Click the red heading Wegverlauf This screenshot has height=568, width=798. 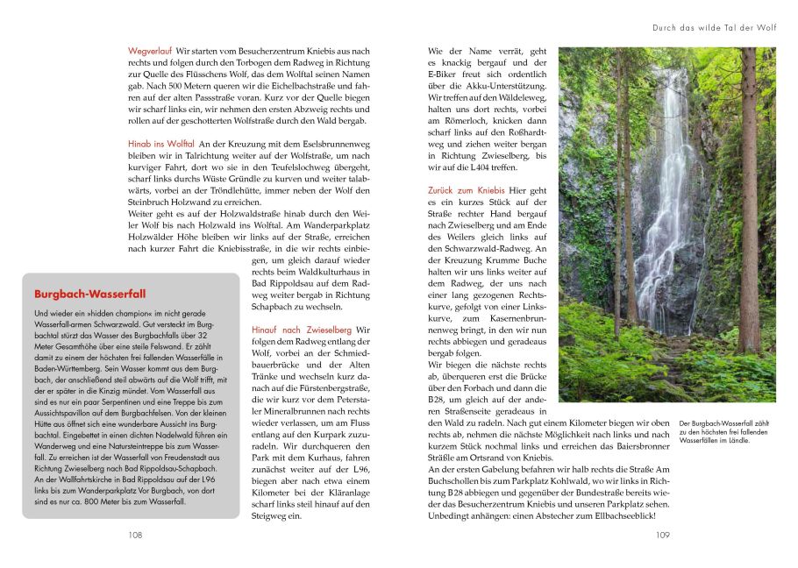pyautogui.click(x=150, y=52)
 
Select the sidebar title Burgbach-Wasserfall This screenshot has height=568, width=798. pyautogui.click(x=89, y=294)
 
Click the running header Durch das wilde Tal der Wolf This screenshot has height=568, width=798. pyautogui.click(x=715, y=28)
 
